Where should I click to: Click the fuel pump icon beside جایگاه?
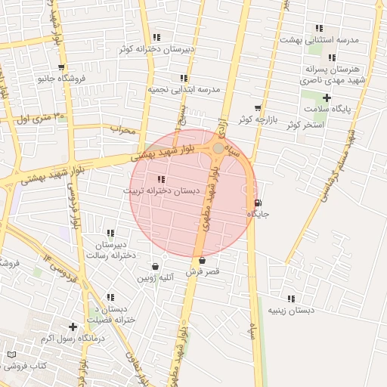pos(259,203)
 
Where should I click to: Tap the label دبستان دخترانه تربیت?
pos(161,191)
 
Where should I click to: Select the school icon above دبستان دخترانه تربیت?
pos(160,179)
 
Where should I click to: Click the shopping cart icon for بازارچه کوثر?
pos(258,108)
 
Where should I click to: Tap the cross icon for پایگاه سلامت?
pos(327,98)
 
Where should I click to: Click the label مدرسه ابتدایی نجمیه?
pos(183,89)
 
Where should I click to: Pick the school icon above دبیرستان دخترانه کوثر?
pos(156,37)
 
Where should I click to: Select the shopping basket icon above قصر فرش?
pos(202,261)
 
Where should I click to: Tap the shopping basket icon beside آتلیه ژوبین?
pos(156,266)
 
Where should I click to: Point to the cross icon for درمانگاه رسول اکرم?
pos(73,327)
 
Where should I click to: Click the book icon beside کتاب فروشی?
pos(11,354)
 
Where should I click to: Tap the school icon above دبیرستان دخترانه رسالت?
pos(110,233)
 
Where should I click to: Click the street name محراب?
pos(122,128)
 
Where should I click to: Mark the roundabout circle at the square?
pos(218,148)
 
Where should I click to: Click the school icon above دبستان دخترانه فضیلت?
pos(110,298)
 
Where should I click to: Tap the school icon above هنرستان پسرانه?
pos(332,57)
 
